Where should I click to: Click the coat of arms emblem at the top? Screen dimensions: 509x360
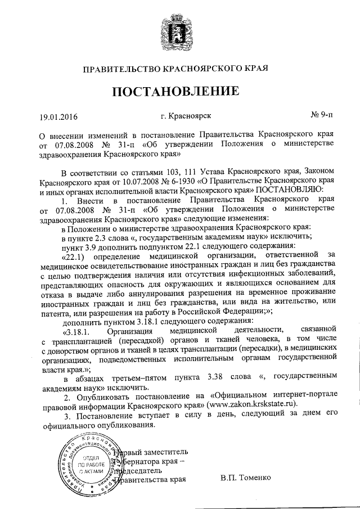click(x=180, y=29)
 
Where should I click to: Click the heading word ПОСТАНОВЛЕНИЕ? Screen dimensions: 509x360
click(x=180, y=91)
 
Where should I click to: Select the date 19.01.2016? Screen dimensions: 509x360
click(x=58, y=118)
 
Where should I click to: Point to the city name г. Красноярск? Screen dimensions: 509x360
click(x=186, y=116)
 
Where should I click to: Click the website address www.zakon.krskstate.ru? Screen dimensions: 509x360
click(x=254, y=403)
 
